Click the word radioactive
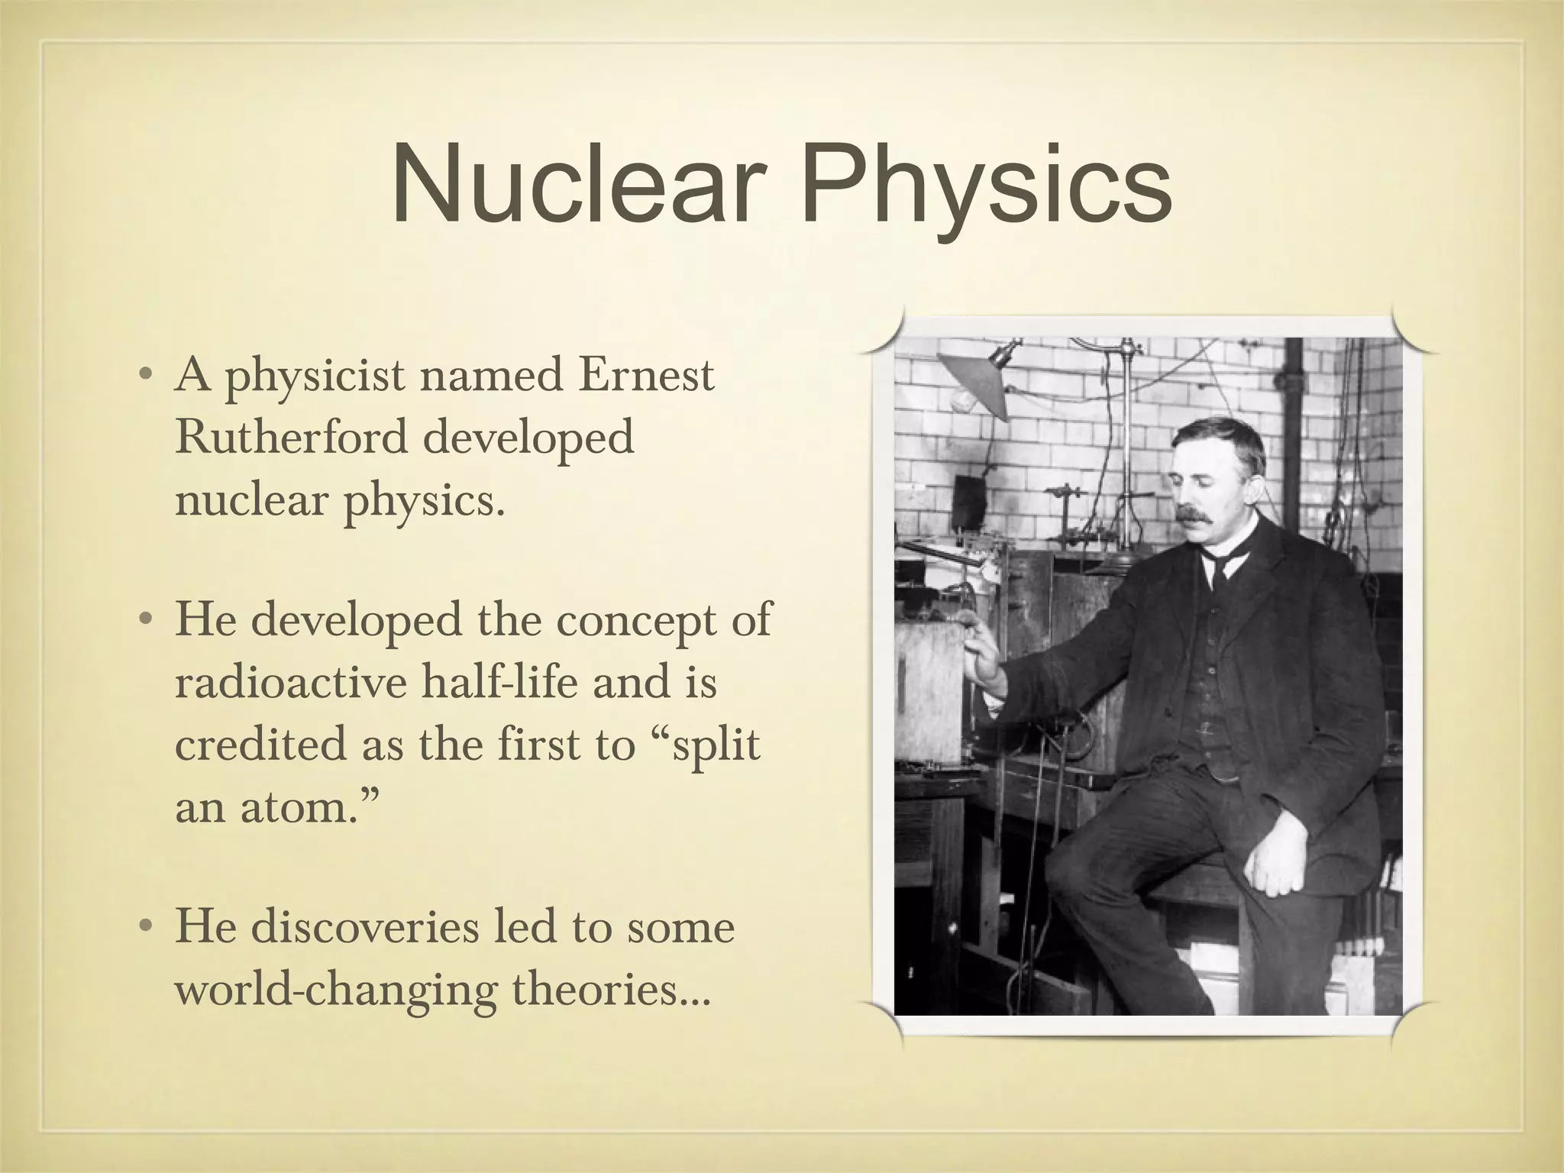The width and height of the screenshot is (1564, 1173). coord(289,681)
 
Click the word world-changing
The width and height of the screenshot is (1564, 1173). coord(335,991)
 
